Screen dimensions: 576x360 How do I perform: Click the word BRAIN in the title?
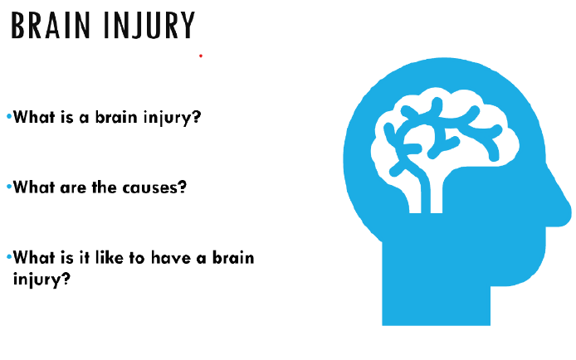pos(51,25)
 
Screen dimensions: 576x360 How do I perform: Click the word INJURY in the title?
pos(149,26)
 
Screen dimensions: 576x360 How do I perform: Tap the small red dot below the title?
pos(201,56)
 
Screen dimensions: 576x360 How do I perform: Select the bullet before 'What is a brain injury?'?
pos(9,117)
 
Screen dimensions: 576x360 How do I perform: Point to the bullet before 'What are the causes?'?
pos(9,187)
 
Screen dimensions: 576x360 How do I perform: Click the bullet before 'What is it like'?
pos(9,257)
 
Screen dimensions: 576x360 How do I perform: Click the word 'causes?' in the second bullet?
pos(154,187)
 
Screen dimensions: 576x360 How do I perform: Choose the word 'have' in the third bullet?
pos(171,257)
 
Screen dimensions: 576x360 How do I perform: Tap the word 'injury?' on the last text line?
pos(41,280)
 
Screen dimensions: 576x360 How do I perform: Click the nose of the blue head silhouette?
pos(560,206)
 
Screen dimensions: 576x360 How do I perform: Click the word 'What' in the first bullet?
pos(34,117)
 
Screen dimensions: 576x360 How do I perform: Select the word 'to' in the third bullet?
pos(137,258)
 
